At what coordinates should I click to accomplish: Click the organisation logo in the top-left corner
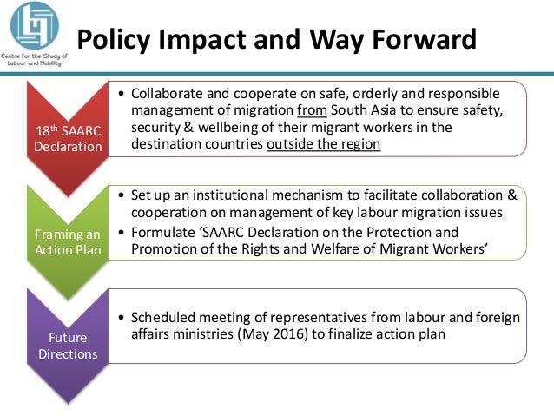coord(35,31)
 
